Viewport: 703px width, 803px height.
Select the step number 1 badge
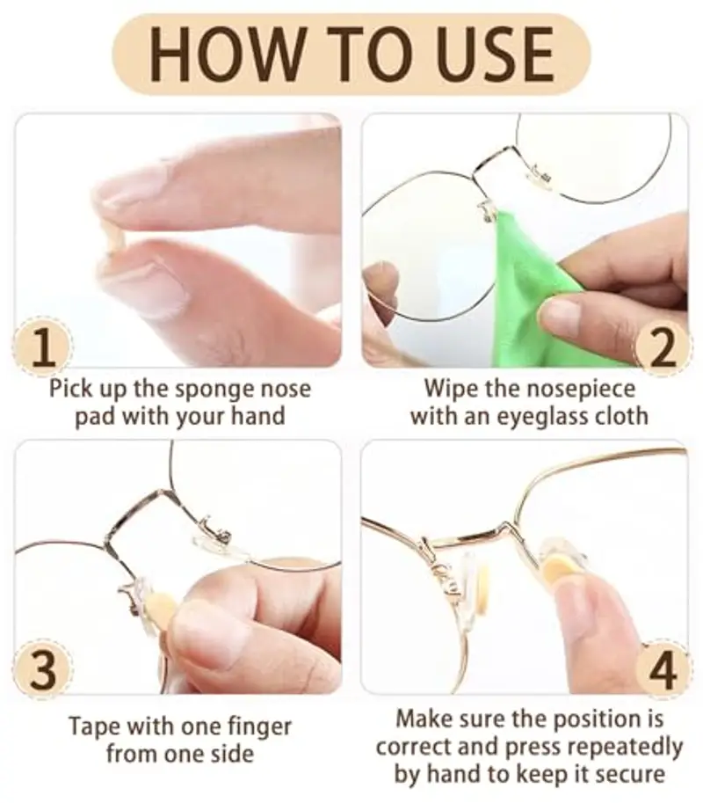43,348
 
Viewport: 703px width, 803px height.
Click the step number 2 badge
663,348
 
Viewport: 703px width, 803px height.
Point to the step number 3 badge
43,669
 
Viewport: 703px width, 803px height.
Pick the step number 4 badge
663,669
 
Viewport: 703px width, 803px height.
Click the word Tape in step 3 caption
94,727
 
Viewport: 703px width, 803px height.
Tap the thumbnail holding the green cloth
562,313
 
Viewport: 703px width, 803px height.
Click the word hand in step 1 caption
257,415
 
